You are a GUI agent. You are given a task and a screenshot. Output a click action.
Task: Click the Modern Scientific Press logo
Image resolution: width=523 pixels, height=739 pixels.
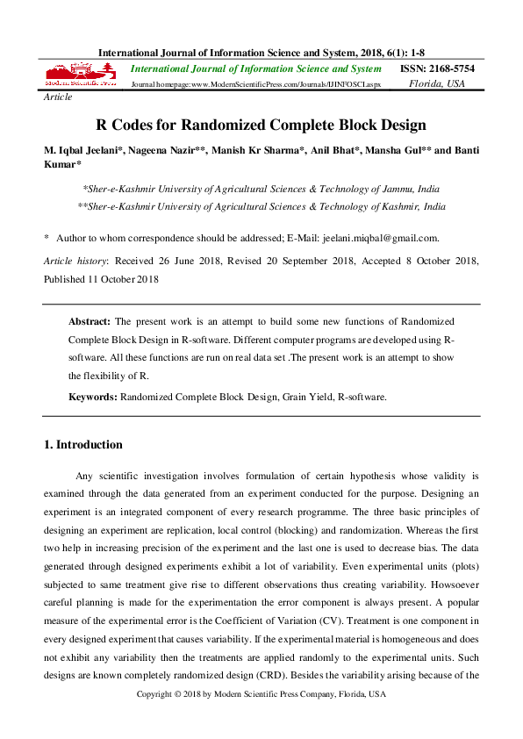pos(80,75)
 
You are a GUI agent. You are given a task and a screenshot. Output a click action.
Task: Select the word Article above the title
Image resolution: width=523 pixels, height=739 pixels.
pos(58,97)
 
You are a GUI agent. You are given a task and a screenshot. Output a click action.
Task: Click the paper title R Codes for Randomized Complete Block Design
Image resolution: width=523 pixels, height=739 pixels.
pos(261,125)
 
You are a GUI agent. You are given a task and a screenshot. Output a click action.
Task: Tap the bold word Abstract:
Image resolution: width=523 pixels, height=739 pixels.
pos(90,322)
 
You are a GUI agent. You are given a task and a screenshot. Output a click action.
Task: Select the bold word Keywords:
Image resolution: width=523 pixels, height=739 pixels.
pos(93,397)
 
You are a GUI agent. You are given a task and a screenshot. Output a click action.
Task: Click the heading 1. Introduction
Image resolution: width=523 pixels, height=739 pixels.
pos(83,445)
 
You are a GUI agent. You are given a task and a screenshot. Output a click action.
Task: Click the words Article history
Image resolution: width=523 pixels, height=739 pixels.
pos(75,262)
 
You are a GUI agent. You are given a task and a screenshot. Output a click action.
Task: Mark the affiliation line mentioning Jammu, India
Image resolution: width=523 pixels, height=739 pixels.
pos(261,189)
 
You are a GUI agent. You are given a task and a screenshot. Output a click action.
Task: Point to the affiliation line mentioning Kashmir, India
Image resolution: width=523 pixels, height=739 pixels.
pos(261,206)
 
